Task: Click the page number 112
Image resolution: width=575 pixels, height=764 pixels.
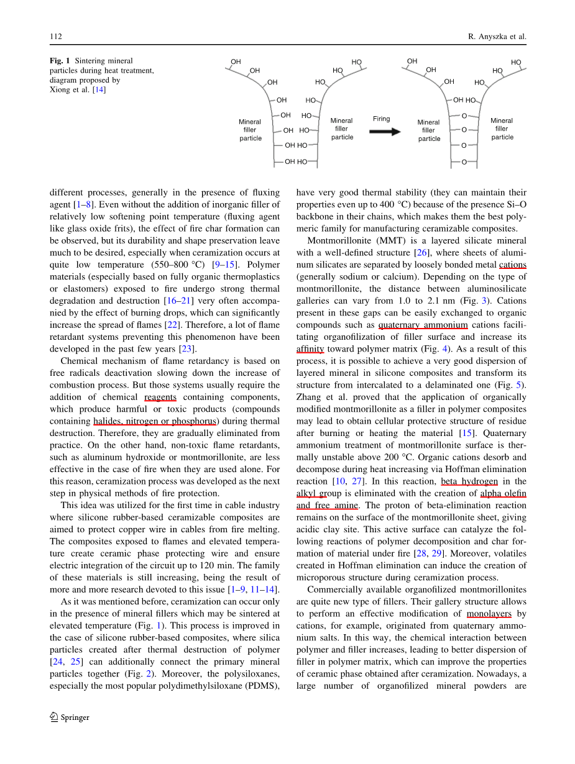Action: coord(55,37)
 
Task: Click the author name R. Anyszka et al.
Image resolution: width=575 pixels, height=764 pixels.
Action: coord(497,37)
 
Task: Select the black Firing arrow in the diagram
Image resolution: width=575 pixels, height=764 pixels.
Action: coord(385,132)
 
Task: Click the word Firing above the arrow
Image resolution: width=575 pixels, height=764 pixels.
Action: coord(382,119)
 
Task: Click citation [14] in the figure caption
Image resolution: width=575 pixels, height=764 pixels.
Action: coord(99,89)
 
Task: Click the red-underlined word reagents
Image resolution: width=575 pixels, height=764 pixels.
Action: coord(160,397)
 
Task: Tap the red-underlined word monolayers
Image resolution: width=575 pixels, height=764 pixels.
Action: coord(489,614)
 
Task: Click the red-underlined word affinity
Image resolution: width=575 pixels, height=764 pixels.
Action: coord(311,349)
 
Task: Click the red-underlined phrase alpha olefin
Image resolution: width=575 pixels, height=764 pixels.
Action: coord(503,493)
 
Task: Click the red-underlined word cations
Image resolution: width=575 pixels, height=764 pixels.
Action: coord(512,265)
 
